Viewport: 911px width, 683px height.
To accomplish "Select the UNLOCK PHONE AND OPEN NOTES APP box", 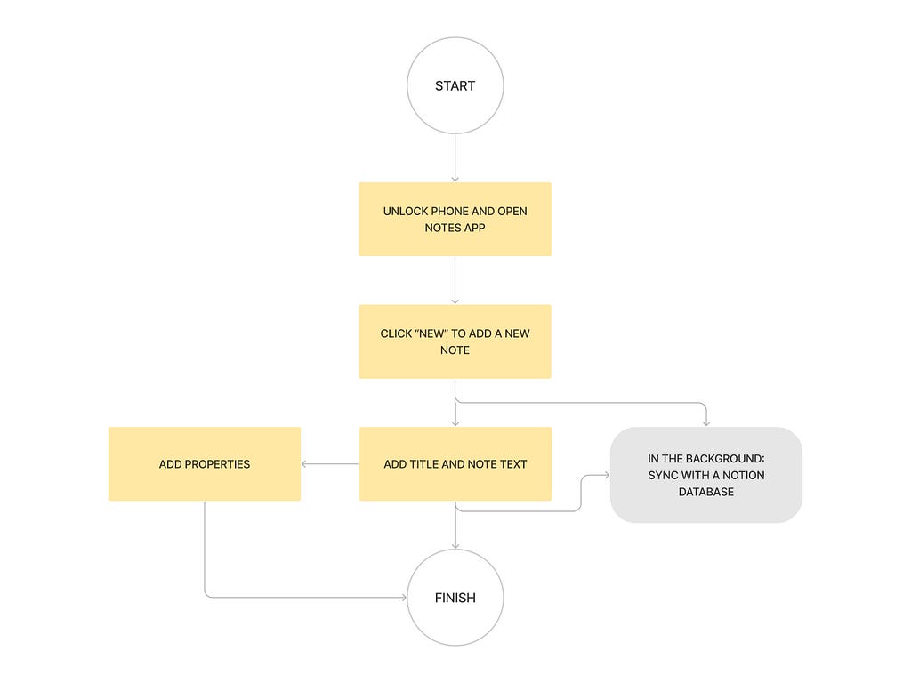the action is click(x=455, y=220).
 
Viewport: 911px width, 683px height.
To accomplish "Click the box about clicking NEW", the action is click(x=455, y=341).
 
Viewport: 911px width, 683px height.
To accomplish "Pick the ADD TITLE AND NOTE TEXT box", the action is click(x=455, y=464).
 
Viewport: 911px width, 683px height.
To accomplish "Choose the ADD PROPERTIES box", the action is click(x=205, y=464).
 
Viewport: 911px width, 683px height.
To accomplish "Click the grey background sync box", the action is click(x=705, y=475).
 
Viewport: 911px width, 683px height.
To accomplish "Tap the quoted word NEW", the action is click(x=431, y=333).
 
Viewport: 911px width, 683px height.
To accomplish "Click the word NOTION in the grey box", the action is click(x=743, y=475).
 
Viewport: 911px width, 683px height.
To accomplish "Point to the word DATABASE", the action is click(x=705, y=492).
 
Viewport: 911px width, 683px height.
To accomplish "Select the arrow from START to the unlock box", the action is click(x=455, y=158).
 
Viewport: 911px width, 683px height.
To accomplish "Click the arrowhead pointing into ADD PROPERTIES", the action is click(x=304, y=464).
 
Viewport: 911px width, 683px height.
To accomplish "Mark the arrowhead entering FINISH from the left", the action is click(x=404, y=597).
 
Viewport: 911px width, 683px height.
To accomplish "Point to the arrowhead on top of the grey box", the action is click(x=705, y=423).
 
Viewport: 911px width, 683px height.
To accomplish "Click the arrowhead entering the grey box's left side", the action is click(x=607, y=475).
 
